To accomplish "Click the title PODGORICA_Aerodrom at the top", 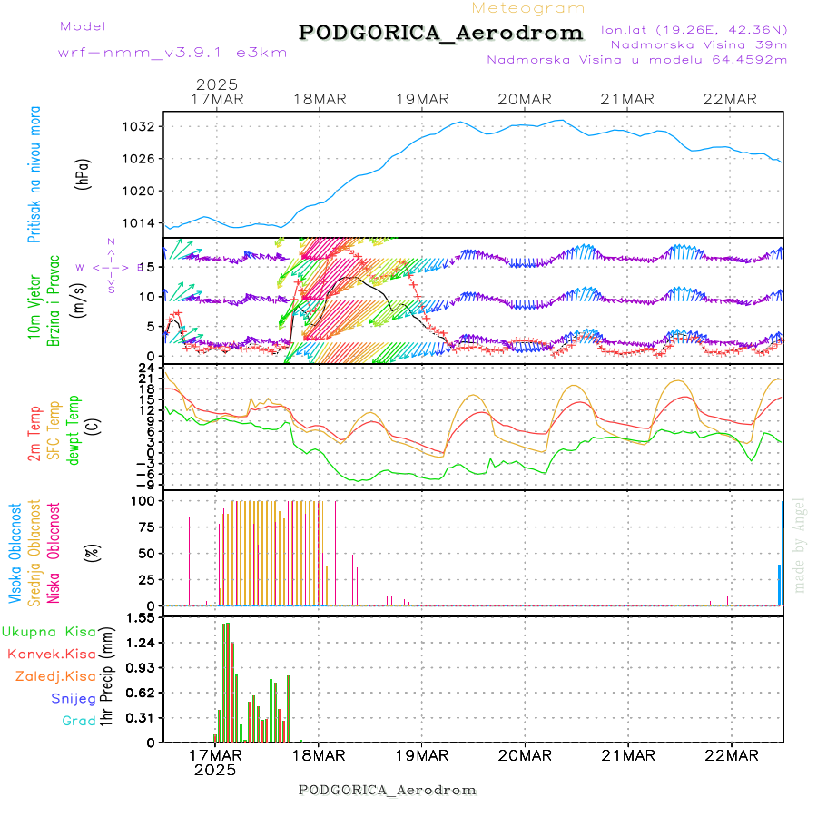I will tap(440, 33).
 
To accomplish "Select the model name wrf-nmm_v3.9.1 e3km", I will tap(172, 52).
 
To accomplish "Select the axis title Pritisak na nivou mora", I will tap(34, 174).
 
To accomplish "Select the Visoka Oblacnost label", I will tap(15, 553).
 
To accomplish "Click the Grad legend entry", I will tap(79, 721).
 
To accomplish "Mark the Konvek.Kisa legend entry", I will tap(51, 654).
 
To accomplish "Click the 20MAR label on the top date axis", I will tap(525, 99).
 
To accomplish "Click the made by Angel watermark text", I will tap(800, 545).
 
